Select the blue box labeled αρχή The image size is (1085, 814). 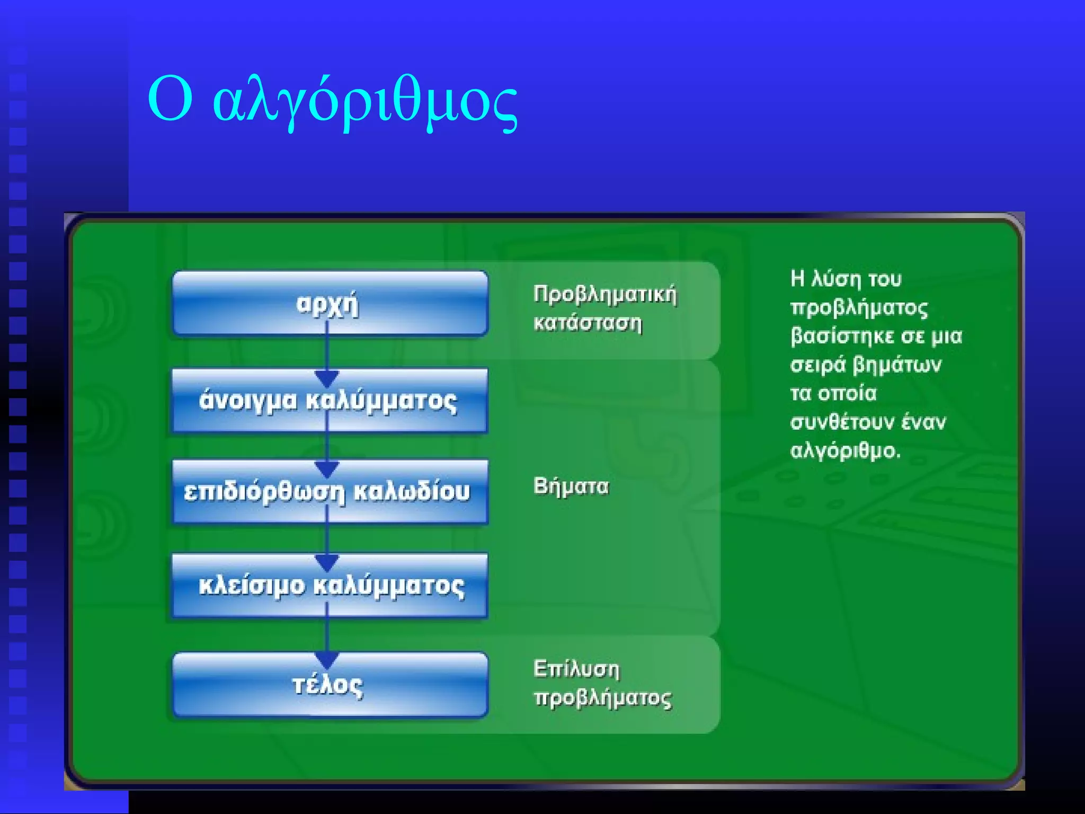click(x=329, y=304)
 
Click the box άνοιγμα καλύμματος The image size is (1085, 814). click(x=329, y=400)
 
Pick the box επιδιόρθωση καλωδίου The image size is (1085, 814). click(x=329, y=491)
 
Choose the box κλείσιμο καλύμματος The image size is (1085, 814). click(x=329, y=586)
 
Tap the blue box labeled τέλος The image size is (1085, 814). click(x=329, y=685)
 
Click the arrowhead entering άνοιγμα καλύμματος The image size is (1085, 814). click(x=327, y=378)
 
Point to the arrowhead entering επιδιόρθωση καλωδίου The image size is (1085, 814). click(x=327, y=469)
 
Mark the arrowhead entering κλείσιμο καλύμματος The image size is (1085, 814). click(x=327, y=562)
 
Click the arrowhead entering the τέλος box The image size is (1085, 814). click(x=327, y=660)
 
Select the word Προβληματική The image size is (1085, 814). click(x=605, y=295)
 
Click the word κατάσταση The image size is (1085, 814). click(x=588, y=323)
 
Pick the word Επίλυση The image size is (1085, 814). click(x=576, y=669)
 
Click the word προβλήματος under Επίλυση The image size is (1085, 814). click(x=603, y=698)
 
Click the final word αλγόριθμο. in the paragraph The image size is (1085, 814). click(x=845, y=451)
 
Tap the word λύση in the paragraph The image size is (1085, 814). click(x=836, y=279)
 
